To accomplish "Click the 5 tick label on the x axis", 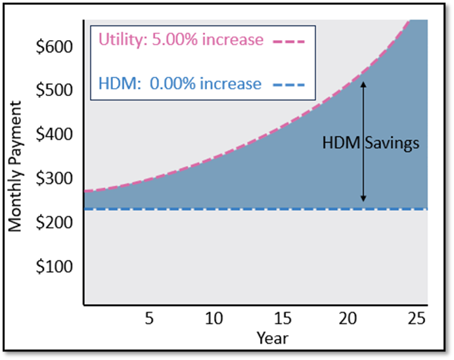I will (148, 319).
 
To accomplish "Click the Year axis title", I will (272, 338).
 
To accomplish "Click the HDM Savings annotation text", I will (371, 143).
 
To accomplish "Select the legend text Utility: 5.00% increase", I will (181, 40).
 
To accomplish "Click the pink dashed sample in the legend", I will (288, 41).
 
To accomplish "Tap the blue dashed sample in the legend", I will (288, 85).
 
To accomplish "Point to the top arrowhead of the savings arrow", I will (363, 83).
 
